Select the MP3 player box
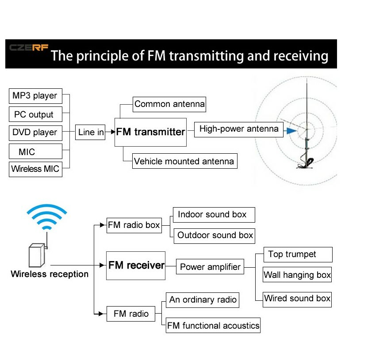click(x=35, y=96)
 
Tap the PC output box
click(x=35, y=114)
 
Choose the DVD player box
click(x=35, y=133)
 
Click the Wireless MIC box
click(x=35, y=169)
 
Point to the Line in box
click(x=91, y=132)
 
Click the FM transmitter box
click(x=150, y=132)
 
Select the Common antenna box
click(x=169, y=104)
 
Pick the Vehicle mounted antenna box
click(x=184, y=161)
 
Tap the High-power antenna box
click(x=239, y=129)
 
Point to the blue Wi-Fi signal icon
click(x=46, y=218)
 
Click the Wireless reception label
click(x=50, y=274)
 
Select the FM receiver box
click(x=136, y=265)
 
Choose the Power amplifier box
click(x=210, y=267)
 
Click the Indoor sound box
click(x=214, y=215)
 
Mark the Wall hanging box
click(x=297, y=275)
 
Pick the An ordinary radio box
click(x=203, y=300)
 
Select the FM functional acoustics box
click(x=213, y=326)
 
